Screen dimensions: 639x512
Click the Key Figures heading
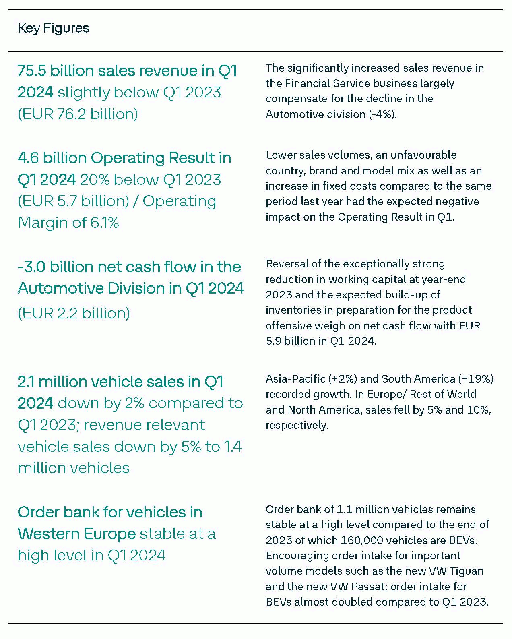pyautogui.click(x=53, y=28)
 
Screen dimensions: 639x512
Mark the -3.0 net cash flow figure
pyautogui.click(x=31, y=267)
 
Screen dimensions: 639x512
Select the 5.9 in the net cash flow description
pyautogui.click(x=273, y=341)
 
